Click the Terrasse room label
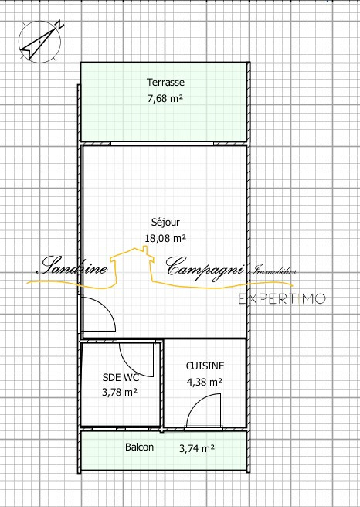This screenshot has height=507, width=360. pos(165,82)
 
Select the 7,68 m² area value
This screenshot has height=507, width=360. pos(165,98)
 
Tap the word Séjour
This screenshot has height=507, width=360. pos(165,223)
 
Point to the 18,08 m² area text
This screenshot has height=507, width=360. pos(165,238)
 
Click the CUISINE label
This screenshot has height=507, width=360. pos(205,366)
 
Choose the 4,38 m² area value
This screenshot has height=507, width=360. pos(204,382)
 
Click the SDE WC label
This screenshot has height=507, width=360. pos(121,377)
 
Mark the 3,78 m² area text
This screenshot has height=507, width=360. pos(120,392)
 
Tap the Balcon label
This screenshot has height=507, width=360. pos(139,447)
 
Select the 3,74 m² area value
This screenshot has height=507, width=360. pos(197,448)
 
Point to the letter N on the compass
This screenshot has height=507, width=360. pos(59,25)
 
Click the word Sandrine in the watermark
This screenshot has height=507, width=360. pos(73,266)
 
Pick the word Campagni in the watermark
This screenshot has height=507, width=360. pos(205,267)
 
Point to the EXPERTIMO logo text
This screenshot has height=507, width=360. pos(282,299)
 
